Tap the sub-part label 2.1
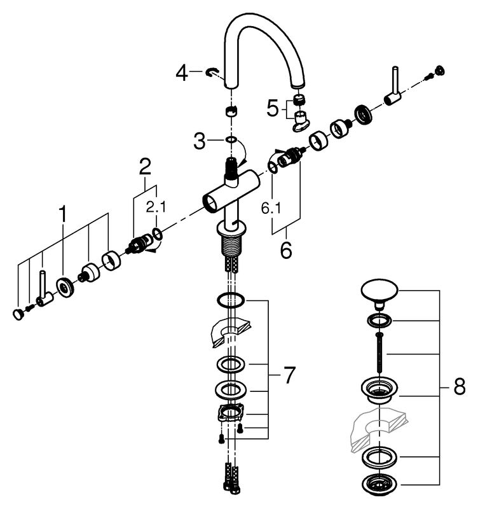(x=155, y=206)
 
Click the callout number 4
(x=182, y=74)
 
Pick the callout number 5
(x=273, y=109)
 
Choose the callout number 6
(x=286, y=249)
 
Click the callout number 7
(x=289, y=376)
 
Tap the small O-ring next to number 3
(x=231, y=139)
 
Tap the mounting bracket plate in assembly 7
(x=230, y=413)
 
